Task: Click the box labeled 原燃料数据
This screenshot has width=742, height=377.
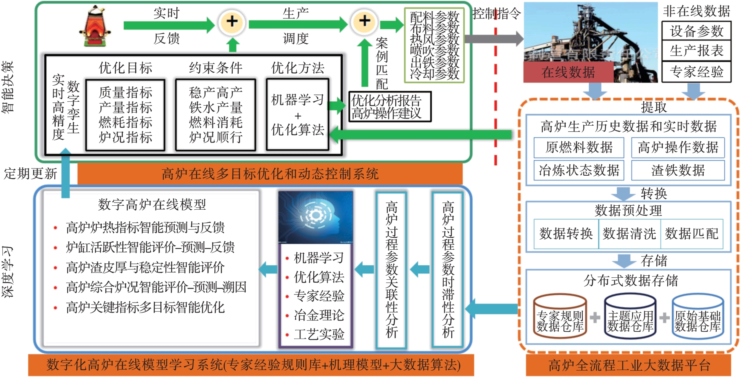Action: coord(578,147)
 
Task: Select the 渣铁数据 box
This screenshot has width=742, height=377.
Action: coord(678,170)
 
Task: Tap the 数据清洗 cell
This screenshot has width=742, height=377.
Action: coord(629,234)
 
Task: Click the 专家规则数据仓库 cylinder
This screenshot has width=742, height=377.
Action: coord(560,317)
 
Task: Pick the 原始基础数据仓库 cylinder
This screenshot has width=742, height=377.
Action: coord(697,317)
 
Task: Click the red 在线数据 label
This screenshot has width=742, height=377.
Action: coord(568,72)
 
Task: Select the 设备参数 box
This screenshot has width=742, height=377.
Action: coord(696,31)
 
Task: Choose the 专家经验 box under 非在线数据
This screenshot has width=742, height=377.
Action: coord(696,72)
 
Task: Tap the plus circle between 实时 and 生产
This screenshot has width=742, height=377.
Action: coord(232,22)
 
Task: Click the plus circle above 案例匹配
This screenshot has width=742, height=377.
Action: coord(364,22)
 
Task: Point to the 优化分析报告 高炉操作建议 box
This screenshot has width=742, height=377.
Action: coord(390,107)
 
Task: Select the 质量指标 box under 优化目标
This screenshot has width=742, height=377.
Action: coord(125,115)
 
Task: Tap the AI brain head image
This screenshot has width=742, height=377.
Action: coord(316,217)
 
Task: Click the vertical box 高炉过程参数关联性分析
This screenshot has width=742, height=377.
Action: coord(391,270)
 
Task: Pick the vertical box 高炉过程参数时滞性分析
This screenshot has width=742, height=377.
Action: coord(448,270)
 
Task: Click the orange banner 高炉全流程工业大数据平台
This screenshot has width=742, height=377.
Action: coord(628,365)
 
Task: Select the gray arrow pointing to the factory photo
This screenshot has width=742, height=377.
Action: coord(494,39)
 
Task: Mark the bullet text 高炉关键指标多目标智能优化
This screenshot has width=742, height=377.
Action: coord(145,307)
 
